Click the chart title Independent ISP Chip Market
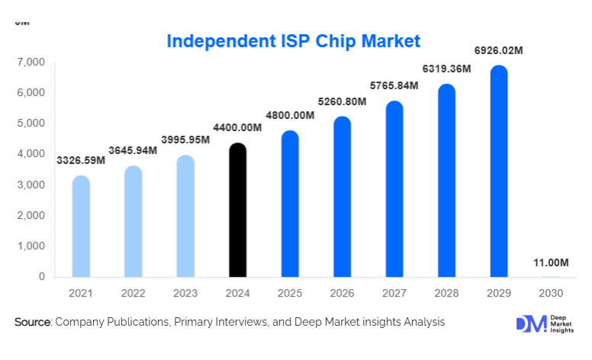(x=293, y=40)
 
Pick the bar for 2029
(x=498, y=172)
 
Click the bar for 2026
(x=342, y=198)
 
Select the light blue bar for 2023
(x=185, y=217)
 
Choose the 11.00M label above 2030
(x=551, y=263)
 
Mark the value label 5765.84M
(x=394, y=85)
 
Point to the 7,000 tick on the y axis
(x=31, y=62)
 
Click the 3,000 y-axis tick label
(x=31, y=185)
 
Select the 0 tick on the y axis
(x=41, y=277)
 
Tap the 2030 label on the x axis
(x=550, y=293)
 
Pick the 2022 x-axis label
(x=133, y=293)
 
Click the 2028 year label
(x=446, y=293)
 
